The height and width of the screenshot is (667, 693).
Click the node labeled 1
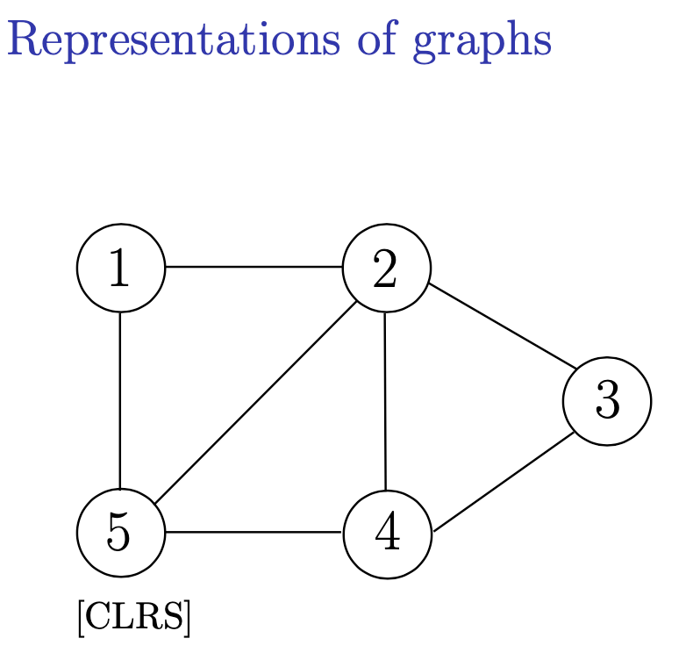click(121, 268)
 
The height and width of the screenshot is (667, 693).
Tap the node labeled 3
click(607, 401)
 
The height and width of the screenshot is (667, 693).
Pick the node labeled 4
click(387, 534)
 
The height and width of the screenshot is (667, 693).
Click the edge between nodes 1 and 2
click(254, 267)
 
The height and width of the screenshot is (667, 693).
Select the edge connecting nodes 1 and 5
click(120, 400)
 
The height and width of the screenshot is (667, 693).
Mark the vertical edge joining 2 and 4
click(385, 400)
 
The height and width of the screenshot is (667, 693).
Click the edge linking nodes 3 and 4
click(504, 481)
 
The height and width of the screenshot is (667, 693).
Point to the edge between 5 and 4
click(254, 532)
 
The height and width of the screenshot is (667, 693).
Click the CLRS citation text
click(133, 618)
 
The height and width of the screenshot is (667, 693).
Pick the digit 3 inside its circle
click(607, 401)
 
